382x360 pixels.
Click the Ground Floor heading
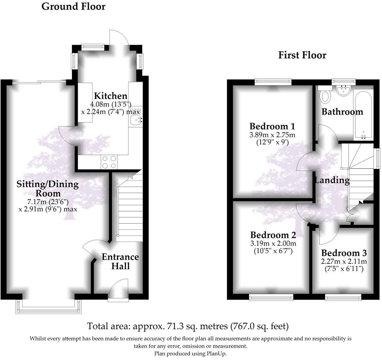coord(73,6)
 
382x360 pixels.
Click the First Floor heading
coord(302,55)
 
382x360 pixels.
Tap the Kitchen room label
coord(111,96)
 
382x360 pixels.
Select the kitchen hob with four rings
coord(109,162)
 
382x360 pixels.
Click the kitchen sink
coord(136,120)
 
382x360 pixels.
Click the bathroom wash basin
coord(343,90)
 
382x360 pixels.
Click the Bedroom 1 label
coord(272,126)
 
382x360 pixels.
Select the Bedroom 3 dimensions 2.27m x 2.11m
coord(344,262)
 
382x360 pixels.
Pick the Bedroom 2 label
coord(273,235)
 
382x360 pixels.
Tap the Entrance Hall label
coord(120,261)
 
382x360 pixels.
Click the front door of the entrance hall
coord(118,290)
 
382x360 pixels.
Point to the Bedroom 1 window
coord(273,81)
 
